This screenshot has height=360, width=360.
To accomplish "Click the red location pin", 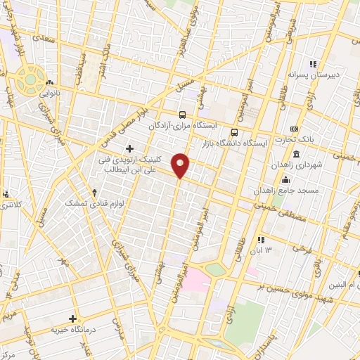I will click(x=181, y=165).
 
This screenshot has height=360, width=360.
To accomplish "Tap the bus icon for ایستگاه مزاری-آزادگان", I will click(x=183, y=115).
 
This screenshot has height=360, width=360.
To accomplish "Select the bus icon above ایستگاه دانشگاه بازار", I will click(x=235, y=131).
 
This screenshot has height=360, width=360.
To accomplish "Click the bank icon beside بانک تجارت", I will click(x=294, y=128).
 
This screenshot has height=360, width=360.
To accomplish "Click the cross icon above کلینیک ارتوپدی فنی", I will click(x=129, y=148).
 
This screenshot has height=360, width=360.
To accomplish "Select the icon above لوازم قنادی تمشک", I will click(x=95, y=192).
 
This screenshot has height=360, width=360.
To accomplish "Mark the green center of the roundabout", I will click(x=29, y=79).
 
